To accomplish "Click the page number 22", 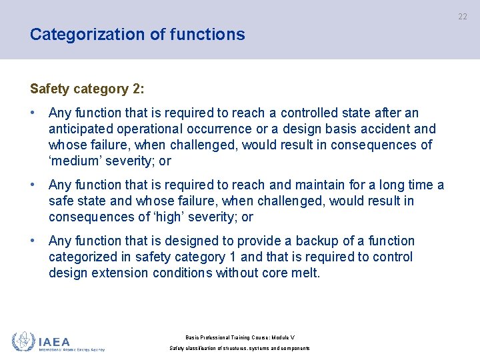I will (463, 17).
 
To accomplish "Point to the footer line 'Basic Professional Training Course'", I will (240, 337).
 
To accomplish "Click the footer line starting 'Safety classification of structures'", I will (240, 348).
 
